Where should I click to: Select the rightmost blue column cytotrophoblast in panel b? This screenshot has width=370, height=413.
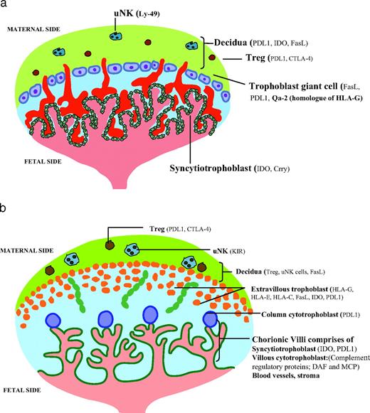click(209, 318)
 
